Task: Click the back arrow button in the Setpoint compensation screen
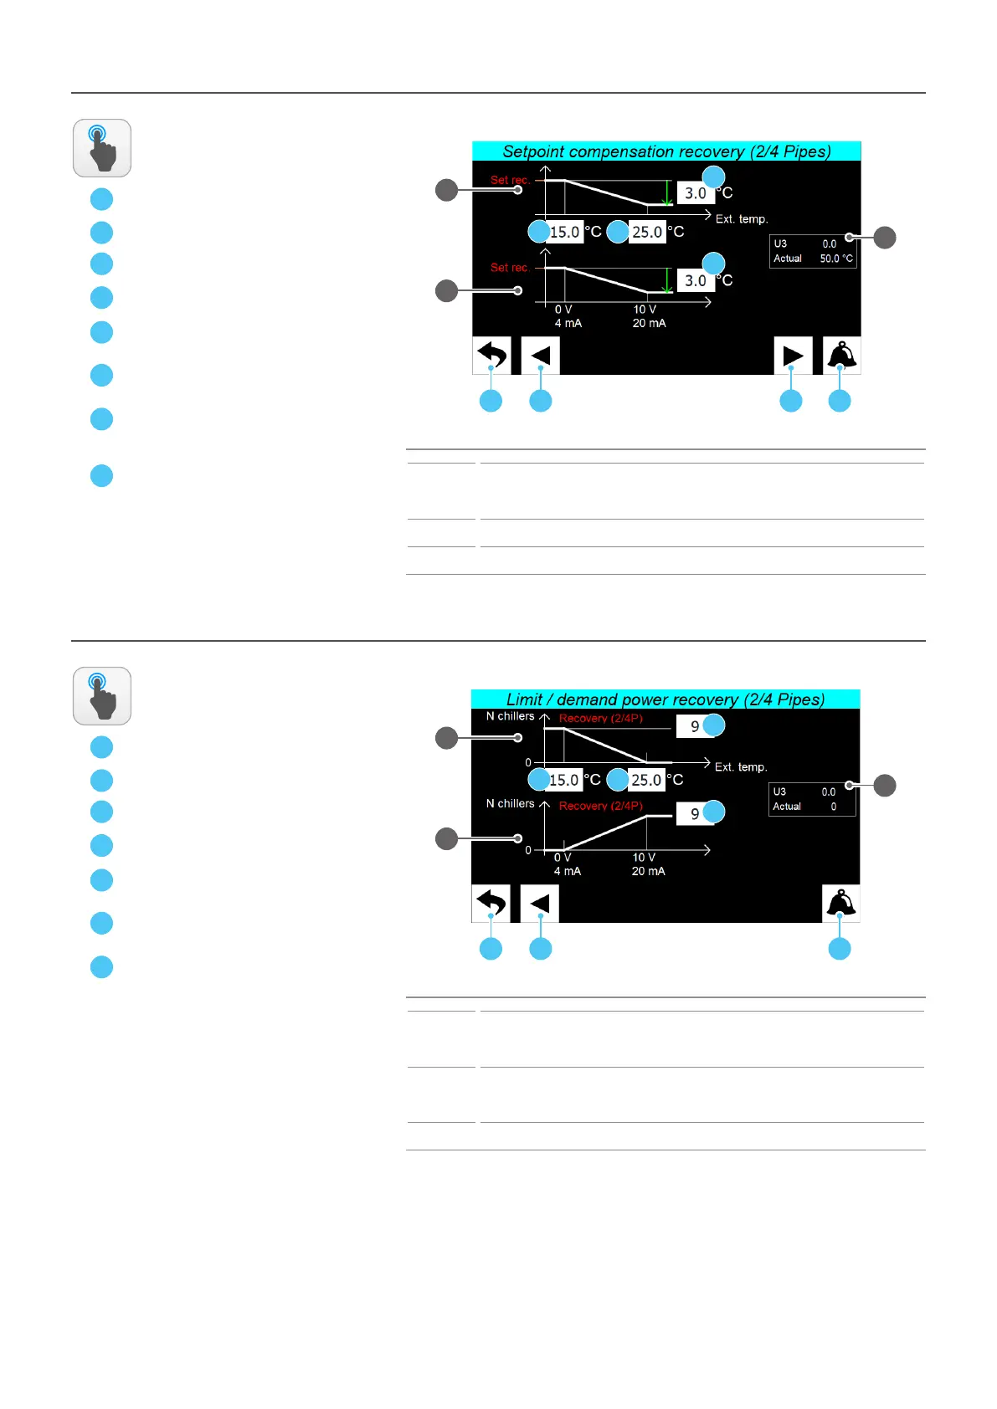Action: tap(491, 356)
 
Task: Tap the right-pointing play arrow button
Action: tap(792, 356)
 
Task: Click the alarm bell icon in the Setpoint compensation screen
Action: tap(841, 356)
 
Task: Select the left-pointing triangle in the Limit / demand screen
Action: tap(540, 904)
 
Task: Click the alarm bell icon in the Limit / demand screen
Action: tap(840, 904)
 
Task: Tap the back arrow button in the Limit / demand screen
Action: tap(491, 904)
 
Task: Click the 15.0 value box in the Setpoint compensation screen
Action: tap(565, 232)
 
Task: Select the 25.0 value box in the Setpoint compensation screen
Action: tap(647, 232)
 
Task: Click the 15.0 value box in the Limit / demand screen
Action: tap(564, 780)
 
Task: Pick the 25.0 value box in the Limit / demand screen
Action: tap(646, 780)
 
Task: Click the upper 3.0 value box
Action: tap(696, 193)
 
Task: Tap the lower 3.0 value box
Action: tap(696, 281)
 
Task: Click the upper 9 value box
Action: tap(695, 726)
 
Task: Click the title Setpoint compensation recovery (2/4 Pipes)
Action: tap(666, 151)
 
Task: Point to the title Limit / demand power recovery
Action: tap(666, 699)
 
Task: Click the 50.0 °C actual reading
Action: tap(835, 259)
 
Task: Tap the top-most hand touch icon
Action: tap(102, 148)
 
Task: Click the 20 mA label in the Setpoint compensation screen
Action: tap(649, 323)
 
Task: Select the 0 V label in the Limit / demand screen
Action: tap(563, 858)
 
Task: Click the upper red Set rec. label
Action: tap(510, 180)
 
